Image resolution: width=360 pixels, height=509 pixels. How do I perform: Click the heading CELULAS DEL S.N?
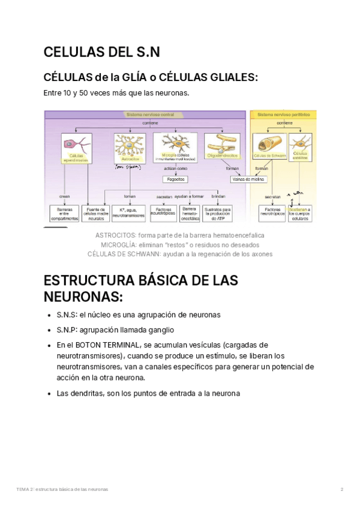102,53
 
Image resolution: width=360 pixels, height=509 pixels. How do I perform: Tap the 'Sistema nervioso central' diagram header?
150,114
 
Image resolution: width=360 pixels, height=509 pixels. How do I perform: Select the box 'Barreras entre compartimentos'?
64,212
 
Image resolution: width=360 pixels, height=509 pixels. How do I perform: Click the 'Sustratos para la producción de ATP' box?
218,212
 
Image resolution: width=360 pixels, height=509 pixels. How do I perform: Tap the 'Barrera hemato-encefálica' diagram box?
190,212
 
